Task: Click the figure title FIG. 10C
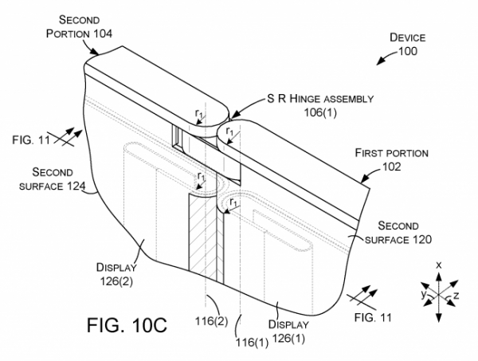click(127, 325)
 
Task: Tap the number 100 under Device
click(408, 51)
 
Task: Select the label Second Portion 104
click(79, 26)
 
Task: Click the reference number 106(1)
click(320, 112)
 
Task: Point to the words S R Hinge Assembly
click(320, 99)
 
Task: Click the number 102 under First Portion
click(391, 167)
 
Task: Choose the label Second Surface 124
click(52, 179)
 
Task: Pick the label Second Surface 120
click(398, 233)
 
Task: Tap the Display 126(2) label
click(117, 274)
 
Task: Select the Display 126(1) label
click(288, 332)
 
